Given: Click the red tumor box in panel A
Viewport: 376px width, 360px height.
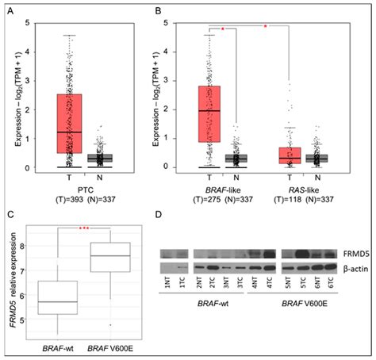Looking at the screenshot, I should tap(69, 123).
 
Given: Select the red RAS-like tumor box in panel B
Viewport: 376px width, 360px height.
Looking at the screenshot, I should tap(290, 154).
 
